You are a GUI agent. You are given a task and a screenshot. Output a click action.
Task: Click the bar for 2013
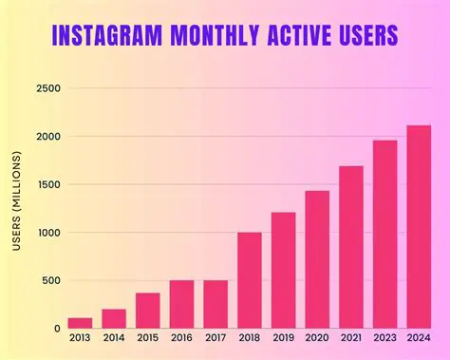(x=80, y=323)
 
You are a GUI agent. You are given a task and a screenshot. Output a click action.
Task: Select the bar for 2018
(x=250, y=280)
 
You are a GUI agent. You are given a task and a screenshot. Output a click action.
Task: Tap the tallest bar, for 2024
(x=419, y=227)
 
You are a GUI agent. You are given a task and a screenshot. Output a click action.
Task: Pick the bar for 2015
(x=148, y=311)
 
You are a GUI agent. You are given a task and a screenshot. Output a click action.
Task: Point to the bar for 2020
(x=317, y=259)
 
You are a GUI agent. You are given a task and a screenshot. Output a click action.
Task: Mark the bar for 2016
(x=182, y=304)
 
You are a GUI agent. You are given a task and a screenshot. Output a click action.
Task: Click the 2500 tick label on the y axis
(x=47, y=89)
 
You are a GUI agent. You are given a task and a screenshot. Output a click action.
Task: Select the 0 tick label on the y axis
(x=57, y=329)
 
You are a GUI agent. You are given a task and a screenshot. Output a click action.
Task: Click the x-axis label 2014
(x=114, y=339)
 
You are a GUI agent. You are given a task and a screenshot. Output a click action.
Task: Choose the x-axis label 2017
(x=216, y=339)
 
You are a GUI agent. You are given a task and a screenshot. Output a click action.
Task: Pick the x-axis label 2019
(x=283, y=339)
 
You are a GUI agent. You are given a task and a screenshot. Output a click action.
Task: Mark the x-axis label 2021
(x=351, y=339)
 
